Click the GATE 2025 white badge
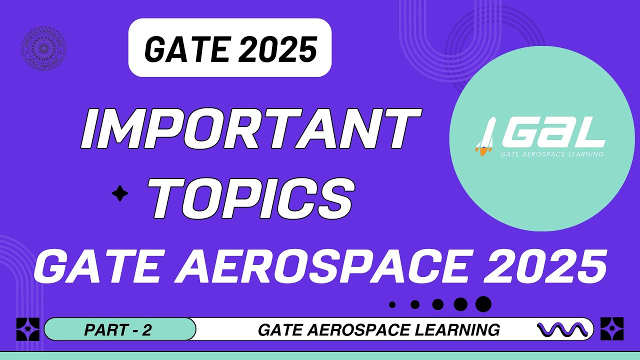[230, 48]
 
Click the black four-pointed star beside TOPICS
[120, 193]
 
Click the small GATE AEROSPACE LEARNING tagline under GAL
[551, 154]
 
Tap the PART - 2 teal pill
[119, 329]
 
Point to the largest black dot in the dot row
[483, 303]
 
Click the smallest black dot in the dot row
[392, 304]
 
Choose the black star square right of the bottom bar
[611, 329]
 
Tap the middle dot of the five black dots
[438, 304]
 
